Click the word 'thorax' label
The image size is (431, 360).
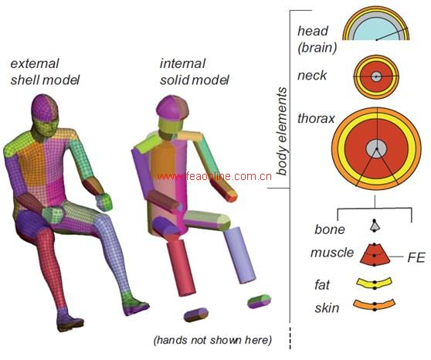(x=316, y=119)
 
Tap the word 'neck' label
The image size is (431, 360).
(x=312, y=76)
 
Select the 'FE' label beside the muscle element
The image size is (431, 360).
(x=416, y=258)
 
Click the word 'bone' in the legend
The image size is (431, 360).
(x=330, y=229)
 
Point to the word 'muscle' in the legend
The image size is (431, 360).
(x=332, y=253)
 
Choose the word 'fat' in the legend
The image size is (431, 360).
(x=322, y=284)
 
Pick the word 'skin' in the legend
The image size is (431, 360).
(x=327, y=307)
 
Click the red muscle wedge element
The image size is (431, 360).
(x=375, y=254)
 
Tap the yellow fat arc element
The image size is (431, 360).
(x=375, y=284)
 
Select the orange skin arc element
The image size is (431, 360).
(x=375, y=304)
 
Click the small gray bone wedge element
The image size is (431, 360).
(x=375, y=226)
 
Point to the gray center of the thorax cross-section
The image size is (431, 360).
(x=377, y=149)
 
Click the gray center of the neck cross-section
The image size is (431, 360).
(x=375, y=76)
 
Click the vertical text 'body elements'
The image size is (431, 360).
(x=282, y=131)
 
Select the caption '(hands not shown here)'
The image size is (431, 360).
(x=212, y=340)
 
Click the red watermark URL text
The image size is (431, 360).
(x=213, y=176)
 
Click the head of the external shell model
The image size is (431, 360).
(x=45, y=115)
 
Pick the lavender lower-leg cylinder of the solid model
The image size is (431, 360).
(x=239, y=255)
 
